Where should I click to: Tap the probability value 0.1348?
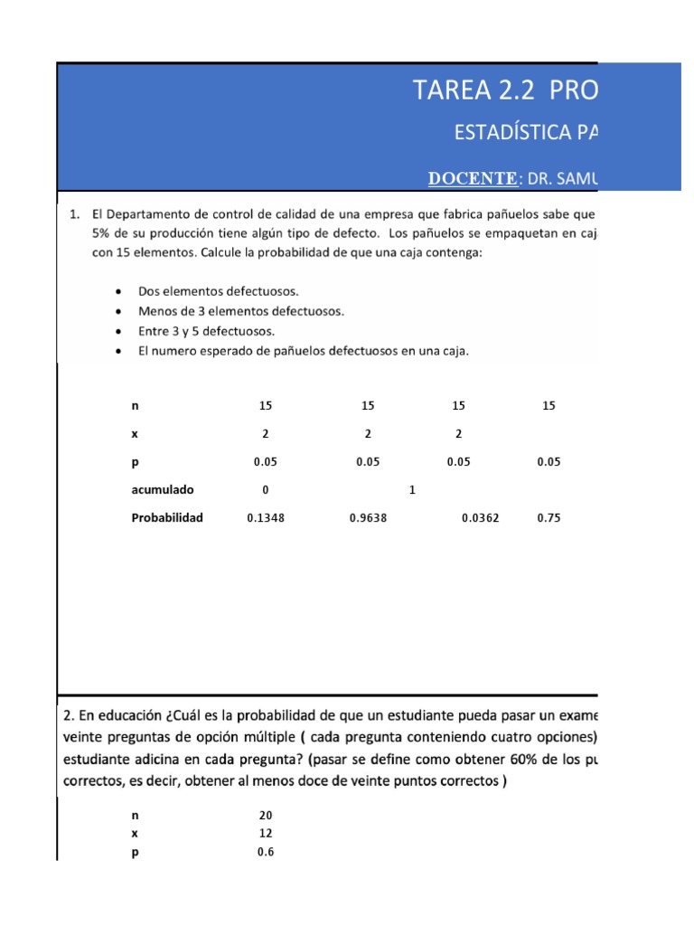coord(266,518)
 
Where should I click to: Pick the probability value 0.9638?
coord(368,518)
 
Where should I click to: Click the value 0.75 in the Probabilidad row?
coord(549,518)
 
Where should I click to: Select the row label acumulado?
coord(163,490)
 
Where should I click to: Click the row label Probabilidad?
coord(167,518)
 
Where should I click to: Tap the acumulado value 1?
coord(412,490)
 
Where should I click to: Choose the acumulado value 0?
coord(266,490)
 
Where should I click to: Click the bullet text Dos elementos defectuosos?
coord(218,291)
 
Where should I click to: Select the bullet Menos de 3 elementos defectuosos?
coord(240,311)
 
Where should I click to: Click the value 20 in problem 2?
coord(266,815)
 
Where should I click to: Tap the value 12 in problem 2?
coord(266,833)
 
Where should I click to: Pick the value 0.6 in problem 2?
coord(266,852)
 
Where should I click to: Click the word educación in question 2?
coord(119,713)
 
